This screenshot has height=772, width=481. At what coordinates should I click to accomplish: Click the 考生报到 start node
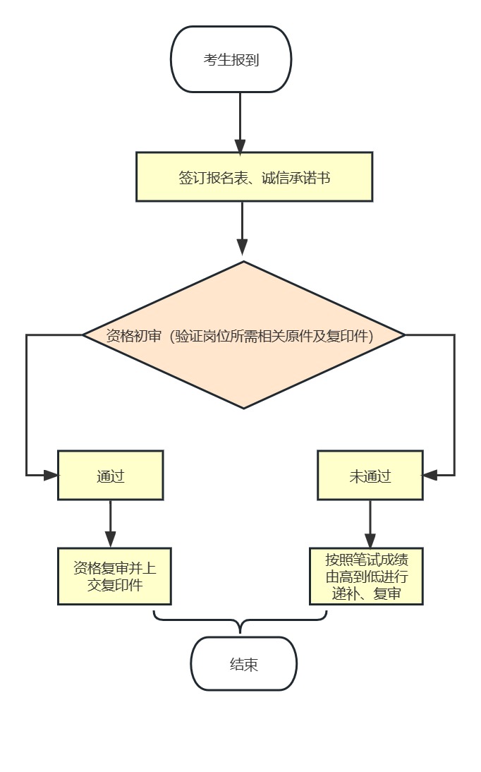[x=231, y=59]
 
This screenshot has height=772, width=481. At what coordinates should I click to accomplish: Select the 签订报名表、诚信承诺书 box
[x=254, y=176]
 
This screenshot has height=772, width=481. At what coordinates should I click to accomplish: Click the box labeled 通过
[x=110, y=476]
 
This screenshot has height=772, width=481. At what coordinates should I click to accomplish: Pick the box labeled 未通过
[x=370, y=476]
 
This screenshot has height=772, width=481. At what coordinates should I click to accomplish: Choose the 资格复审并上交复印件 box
[x=114, y=576]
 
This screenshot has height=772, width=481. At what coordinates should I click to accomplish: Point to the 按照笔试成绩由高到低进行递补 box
[x=366, y=576]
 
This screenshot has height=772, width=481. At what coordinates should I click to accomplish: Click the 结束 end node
[x=243, y=664]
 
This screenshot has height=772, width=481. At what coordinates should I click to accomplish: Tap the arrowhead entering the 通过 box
[x=51, y=475]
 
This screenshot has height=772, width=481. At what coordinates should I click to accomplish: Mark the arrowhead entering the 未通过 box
[x=430, y=475]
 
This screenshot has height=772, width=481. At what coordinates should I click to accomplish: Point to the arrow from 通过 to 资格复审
[x=110, y=522]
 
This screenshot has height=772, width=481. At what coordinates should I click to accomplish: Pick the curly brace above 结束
[x=240, y=621]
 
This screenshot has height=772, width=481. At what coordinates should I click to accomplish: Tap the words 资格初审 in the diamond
[x=134, y=336]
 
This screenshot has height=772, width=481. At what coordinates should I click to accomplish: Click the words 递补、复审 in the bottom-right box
[x=366, y=594]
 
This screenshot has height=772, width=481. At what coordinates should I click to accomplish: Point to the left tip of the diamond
[x=84, y=334]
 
